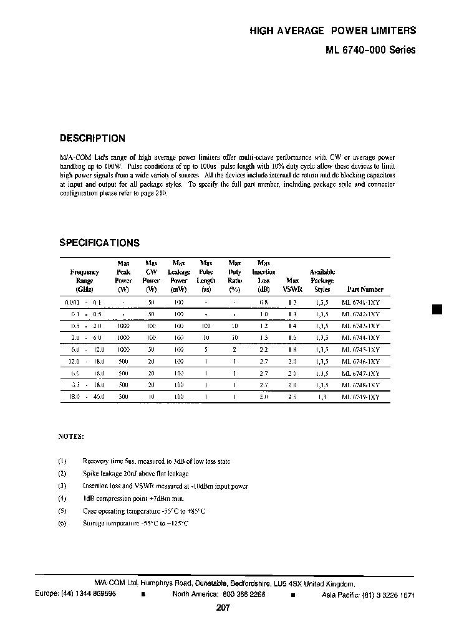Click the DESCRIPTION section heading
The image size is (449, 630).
(x=92, y=139)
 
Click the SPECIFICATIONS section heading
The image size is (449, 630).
(x=99, y=243)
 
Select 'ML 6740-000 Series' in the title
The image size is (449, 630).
(x=370, y=52)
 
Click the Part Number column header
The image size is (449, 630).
(x=365, y=289)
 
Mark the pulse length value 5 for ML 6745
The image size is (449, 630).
(x=205, y=349)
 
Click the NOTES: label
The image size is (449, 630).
(x=70, y=437)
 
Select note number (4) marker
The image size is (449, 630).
(x=62, y=498)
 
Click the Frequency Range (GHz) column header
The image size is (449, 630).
(x=84, y=281)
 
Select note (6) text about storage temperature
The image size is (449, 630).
(x=135, y=524)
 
